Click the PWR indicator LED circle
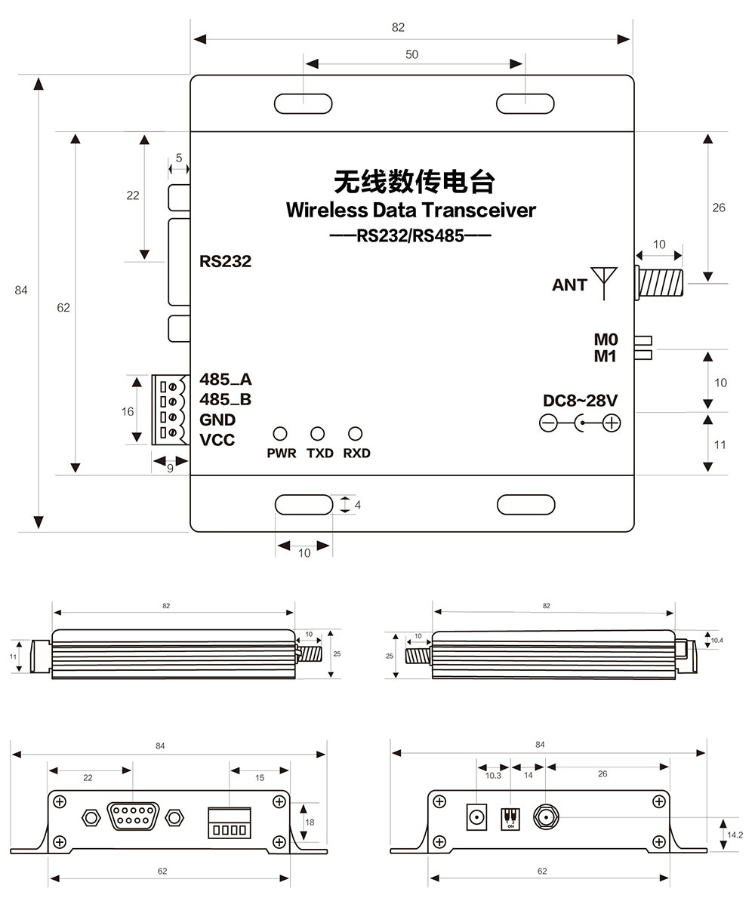point(280,434)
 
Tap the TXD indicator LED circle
point(318,434)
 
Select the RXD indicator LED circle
point(355,434)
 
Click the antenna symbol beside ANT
point(606,279)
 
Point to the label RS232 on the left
point(225,262)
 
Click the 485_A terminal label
point(225,380)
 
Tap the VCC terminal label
point(217,439)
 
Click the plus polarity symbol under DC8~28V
point(612,423)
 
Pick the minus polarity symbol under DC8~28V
point(549,423)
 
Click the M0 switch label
point(606,340)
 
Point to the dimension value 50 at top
point(411,54)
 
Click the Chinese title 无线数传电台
point(414,182)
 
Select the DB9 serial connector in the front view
point(132,817)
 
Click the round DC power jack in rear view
point(476,816)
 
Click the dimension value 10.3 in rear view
point(493,775)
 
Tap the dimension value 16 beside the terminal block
point(128,411)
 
